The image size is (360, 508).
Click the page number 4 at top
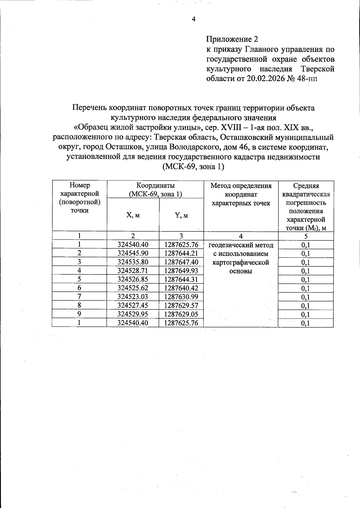tap(193, 19)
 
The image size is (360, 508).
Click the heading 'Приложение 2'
tap(232, 39)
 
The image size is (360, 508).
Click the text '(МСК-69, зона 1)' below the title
tap(193, 167)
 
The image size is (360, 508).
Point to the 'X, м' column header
tap(133, 215)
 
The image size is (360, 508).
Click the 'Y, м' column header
tap(181, 215)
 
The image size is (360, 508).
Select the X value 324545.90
tap(133, 253)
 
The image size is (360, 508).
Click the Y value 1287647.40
tap(181, 262)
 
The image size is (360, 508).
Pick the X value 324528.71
tap(133, 271)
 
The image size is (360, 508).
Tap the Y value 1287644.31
tap(181, 279)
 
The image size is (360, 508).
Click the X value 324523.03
tap(133, 297)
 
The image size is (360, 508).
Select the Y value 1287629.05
tap(181, 314)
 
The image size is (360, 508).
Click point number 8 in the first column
tap(79, 305)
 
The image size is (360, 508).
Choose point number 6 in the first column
tap(79, 288)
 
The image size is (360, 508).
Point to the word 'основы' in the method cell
tap(241, 271)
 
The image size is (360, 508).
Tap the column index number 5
tap(306, 236)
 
